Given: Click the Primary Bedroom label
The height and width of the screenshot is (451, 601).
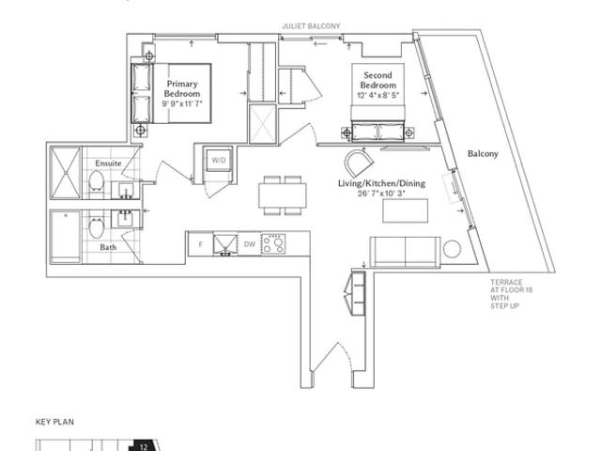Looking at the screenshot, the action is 182,88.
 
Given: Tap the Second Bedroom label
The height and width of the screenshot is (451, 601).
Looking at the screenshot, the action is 378,80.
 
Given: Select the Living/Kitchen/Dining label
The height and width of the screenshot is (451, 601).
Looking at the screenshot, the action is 381,183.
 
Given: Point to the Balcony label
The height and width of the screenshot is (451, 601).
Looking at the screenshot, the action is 483,153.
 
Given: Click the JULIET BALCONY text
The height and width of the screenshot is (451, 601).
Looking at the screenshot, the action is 311,26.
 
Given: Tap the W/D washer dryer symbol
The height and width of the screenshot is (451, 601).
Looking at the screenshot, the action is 219,160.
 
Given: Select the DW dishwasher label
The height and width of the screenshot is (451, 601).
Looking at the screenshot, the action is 250,244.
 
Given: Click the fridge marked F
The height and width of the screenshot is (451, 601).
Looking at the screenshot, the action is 200,244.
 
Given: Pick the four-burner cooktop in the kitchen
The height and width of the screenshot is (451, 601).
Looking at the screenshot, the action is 273,244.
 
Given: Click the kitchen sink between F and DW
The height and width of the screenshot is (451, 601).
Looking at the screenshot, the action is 225,244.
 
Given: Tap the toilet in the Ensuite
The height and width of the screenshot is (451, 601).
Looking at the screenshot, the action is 96,181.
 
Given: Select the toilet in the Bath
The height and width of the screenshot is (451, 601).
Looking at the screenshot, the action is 96,227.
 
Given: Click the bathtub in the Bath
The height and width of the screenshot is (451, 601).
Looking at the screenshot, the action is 66,237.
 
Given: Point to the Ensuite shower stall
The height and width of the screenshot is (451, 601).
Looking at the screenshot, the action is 66,173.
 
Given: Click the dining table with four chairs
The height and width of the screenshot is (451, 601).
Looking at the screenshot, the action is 283,195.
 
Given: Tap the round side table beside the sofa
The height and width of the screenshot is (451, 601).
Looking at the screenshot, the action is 452,249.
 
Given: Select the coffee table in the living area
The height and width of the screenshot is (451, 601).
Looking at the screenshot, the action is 405,210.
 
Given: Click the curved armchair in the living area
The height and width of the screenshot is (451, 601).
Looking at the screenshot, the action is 359,163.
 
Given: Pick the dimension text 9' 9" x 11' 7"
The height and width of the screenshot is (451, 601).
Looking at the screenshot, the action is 182,103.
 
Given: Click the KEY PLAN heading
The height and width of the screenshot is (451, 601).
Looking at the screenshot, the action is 54,422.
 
